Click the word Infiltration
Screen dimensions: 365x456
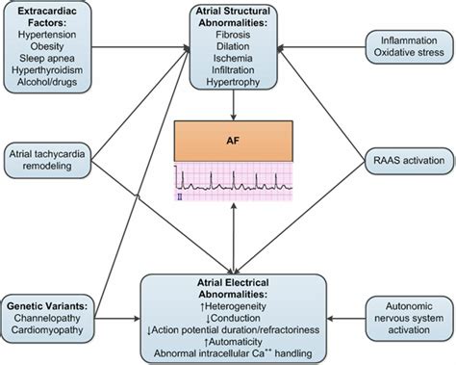pos(227,73)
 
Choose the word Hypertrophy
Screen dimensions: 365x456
pos(227,87)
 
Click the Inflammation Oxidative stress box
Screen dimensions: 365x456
pos(403,49)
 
